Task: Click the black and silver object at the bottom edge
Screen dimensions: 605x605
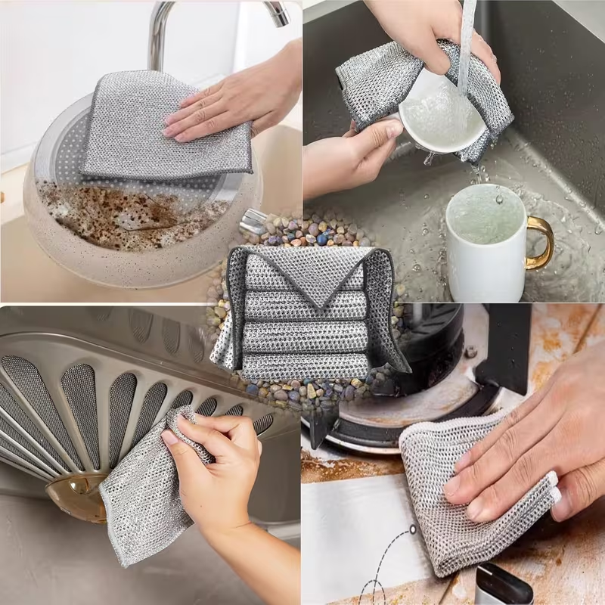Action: pos(503,585)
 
